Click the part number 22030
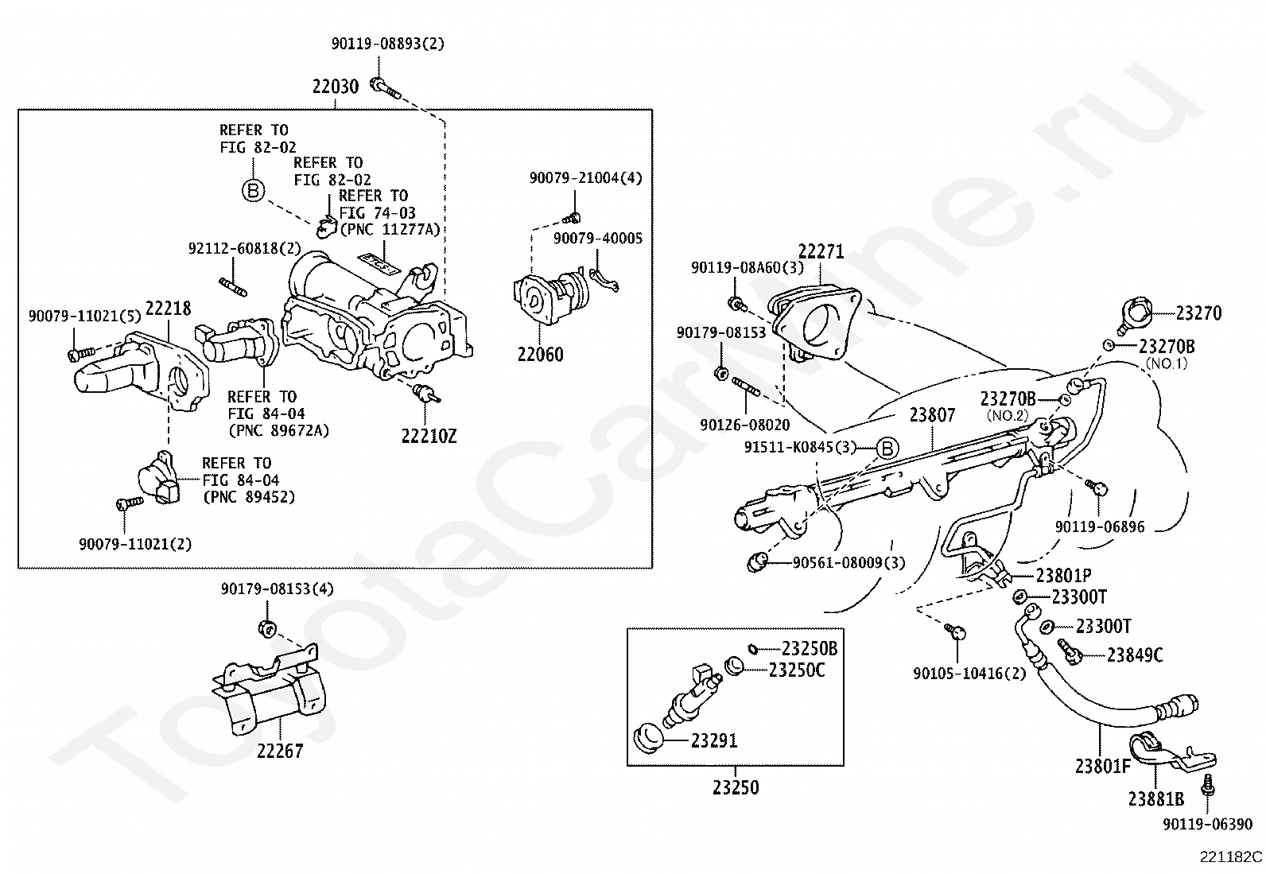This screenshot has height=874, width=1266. tap(336, 87)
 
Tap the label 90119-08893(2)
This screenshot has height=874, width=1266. tap(388, 44)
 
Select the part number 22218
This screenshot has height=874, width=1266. tap(169, 308)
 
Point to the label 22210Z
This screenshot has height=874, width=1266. tap(429, 436)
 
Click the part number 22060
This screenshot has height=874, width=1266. tap(540, 355)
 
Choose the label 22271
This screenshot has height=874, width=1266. tap(821, 251)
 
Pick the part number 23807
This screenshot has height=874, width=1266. tap(932, 415)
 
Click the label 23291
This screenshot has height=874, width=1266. tap(714, 740)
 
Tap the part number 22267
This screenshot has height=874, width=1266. tap(280, 751)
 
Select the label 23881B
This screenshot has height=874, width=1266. tap(1155, 798)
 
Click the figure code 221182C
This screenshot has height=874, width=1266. tap(1231, 857)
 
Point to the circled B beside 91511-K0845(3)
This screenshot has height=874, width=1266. tap(887, 449)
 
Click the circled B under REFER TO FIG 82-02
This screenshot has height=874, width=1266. tap(253, 191)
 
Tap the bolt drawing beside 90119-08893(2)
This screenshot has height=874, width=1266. tap(386, 88)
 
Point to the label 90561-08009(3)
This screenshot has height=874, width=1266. tap(849, 562)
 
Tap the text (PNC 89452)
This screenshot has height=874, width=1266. tap(249, 497)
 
